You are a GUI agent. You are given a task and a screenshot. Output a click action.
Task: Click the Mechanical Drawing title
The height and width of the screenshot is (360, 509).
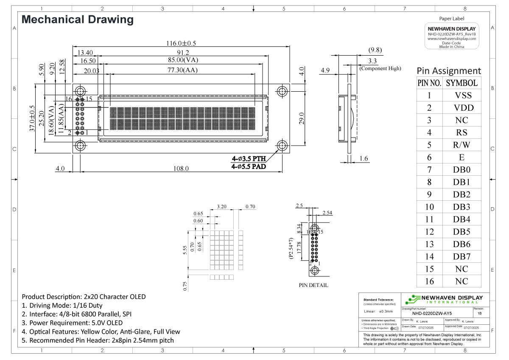click(78, 20)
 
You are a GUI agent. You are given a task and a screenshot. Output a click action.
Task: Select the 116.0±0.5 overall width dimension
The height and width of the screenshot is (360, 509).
click(181, 43)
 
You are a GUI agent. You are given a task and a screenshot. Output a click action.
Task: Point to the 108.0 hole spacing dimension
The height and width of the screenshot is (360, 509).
click(181, 169)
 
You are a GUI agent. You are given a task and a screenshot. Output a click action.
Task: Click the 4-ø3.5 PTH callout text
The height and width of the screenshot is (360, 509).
click(249, 159)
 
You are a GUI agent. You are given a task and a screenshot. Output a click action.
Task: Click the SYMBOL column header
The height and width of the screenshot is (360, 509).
click(462, 83)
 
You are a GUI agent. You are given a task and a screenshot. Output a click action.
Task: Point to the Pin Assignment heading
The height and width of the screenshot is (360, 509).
click(449, 70)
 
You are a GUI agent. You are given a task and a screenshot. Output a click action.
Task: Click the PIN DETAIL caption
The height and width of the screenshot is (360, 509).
click(313, 285)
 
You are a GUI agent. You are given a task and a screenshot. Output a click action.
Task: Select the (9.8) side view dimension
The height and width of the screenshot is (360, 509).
click(375, 50)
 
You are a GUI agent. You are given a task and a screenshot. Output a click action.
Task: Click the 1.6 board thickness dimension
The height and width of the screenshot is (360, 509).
click(364, 159)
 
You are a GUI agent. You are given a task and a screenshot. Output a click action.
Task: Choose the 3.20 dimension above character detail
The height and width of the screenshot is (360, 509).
click(221, 207)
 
